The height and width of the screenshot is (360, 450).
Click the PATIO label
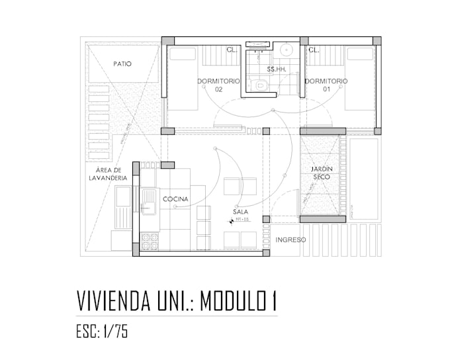click(122, 64)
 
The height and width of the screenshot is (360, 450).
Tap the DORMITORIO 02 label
click(218, 85)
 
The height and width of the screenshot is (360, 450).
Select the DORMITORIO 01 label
click(326, 85)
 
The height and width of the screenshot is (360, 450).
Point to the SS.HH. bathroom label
click(275, 69)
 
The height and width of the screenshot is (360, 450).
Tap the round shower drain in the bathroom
click(287, 50)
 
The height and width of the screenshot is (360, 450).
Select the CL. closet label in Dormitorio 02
click(232, 50)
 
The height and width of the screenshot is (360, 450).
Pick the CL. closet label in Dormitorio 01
click(314, 50)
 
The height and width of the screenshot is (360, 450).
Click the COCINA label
click(175, 199)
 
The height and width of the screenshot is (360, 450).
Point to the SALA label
click(240, 212)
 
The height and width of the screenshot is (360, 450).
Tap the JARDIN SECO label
click(322, 173)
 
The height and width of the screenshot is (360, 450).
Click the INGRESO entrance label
click(291, 240)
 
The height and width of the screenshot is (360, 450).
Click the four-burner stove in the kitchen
click(149, 240)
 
